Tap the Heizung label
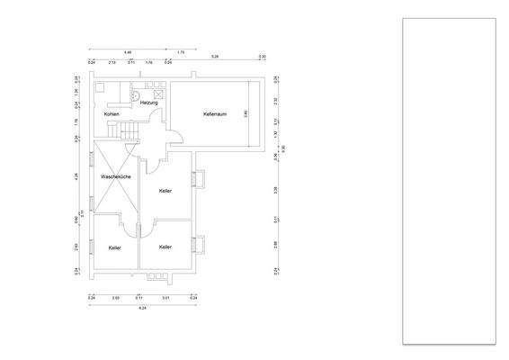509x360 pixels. pyautogui.click(x=149, y=103)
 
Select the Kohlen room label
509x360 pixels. pyautogui.click(x=112, y=114)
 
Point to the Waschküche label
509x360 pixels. pyautogui.click(x=117, y=177)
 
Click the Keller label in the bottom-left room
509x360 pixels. pyautogui.click(x=115, y=247)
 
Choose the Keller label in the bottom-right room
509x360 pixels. pyautogui.click(x=165, y=246)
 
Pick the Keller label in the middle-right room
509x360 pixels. pyautogui.click(x=165, y=191)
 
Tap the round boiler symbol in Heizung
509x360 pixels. pyautogui.click(x=135, y=92)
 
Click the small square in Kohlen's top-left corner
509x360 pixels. pyautogui.click(x=100, y=88)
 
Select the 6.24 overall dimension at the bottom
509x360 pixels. pyautogui.click(x=142, y=308)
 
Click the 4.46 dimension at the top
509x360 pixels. pyautogui.click(x=128, y=52)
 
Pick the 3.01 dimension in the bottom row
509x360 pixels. pyautogui.click(x=165, y=296)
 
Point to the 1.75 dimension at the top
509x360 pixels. pyautogui.click(x=181, y=52)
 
